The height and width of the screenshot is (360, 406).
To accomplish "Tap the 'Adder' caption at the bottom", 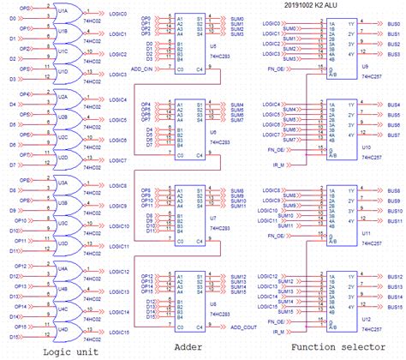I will click(188, 347).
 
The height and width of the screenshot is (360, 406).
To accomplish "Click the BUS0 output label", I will click(394, 19).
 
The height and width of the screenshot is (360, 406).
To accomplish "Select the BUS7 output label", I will click(394, 135).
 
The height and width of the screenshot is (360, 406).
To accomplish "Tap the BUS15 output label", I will click(394, 308).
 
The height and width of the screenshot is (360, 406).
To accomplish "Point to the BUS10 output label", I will click(394, 211).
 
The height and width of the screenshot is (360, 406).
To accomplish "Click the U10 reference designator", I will click(343, 147).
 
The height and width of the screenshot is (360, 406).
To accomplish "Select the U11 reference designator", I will click(343, 232).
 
